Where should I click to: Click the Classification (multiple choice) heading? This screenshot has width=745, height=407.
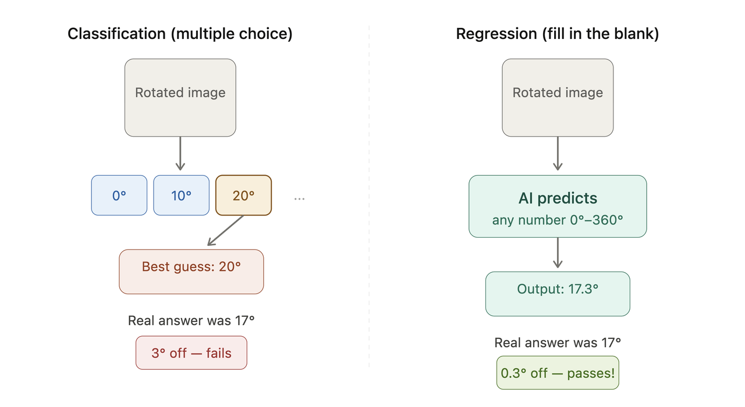(180, 34)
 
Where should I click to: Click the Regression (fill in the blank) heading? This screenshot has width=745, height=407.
(557, 34)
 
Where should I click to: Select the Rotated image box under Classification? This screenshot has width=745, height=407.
(180, 98)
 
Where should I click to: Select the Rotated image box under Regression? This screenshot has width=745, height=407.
(558, 98)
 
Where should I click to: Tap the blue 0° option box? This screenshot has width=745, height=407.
(119, 195)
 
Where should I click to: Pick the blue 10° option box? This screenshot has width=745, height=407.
(181, 195)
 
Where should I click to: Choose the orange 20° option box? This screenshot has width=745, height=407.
(243, 195)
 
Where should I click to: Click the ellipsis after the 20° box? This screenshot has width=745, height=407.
(299, 199)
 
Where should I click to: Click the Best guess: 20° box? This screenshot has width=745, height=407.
(191, 272)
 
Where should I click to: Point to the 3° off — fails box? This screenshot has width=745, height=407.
(191, 352)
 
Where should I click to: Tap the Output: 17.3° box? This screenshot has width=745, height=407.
(558, 294)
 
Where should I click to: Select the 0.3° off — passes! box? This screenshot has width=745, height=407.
(558, 373)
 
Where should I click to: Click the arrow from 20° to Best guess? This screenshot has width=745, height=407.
(226, 230)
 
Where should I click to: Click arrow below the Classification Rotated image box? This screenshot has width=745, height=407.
(180, 153)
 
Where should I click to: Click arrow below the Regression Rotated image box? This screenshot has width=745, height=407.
(558, 153)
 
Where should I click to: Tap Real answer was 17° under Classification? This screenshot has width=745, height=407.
(191, 320)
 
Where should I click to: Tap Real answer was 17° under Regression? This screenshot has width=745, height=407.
(558, 342)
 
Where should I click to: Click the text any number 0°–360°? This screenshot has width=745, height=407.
(558, 220)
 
